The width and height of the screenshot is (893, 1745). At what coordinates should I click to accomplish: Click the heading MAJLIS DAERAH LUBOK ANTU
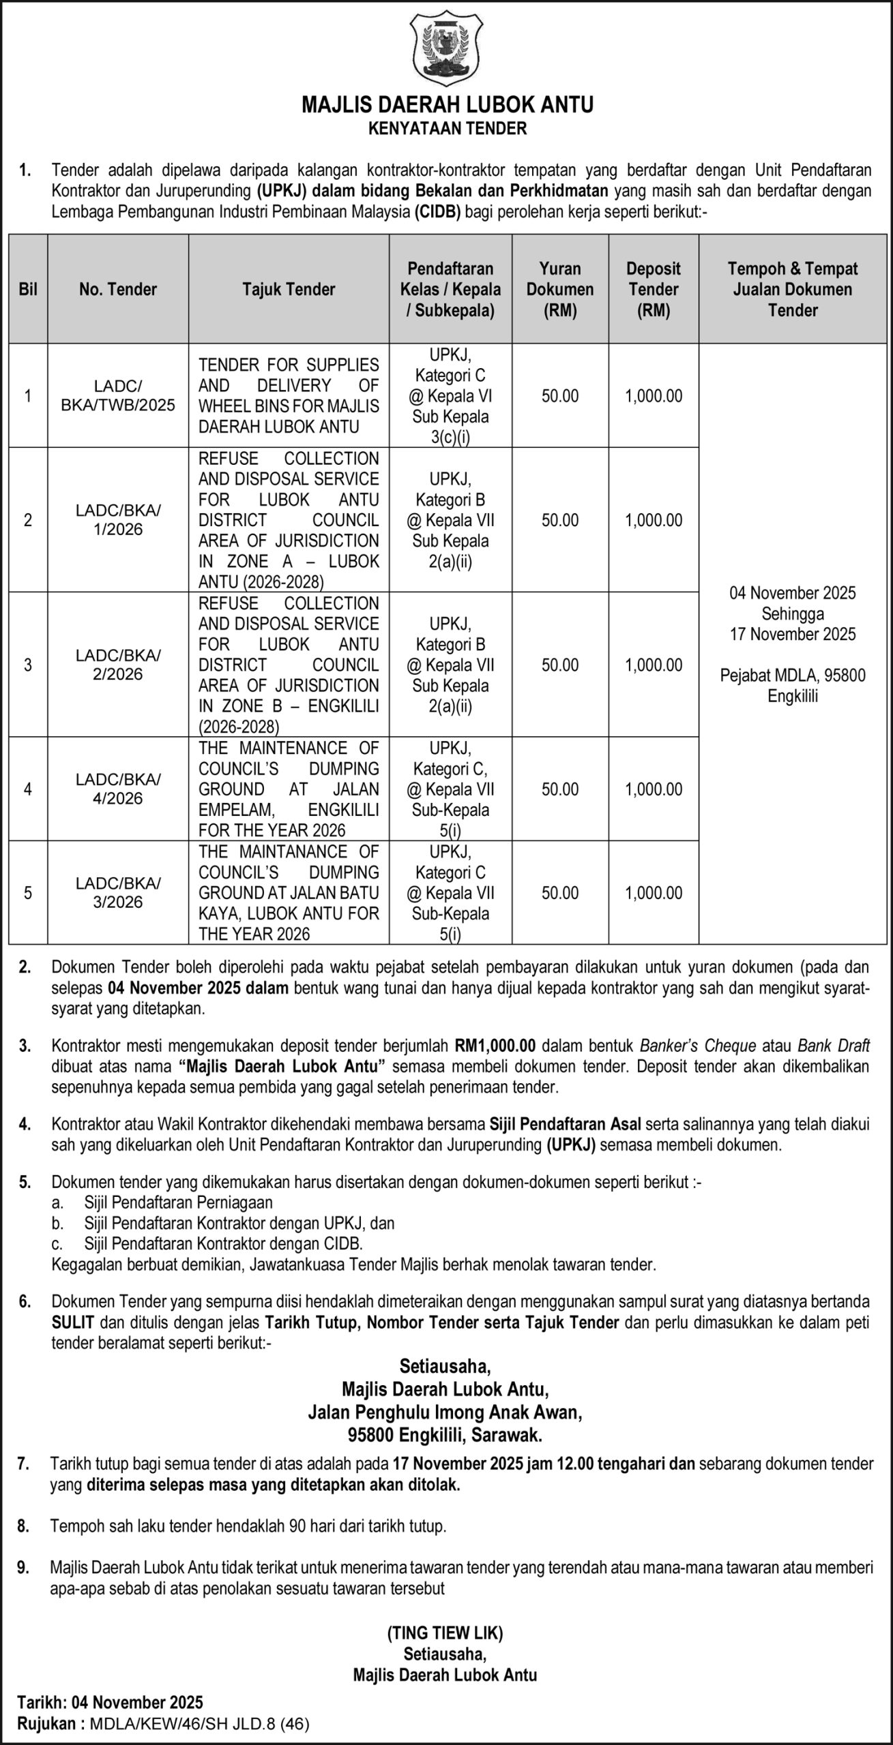(447, 104)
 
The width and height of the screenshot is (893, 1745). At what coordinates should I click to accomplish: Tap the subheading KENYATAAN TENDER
(447, 128)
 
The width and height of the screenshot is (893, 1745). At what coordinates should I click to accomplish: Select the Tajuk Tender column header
(289, 290)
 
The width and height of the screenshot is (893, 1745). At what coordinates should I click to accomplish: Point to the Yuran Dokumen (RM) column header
(559, 290)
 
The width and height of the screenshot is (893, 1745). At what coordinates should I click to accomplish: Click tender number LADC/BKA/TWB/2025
(118, 395)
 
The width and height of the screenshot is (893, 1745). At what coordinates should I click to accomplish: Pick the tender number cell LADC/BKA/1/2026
(118, 519)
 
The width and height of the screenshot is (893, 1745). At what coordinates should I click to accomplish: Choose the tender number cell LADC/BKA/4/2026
(118, 789)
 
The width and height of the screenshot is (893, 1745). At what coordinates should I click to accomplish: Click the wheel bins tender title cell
(289, 395)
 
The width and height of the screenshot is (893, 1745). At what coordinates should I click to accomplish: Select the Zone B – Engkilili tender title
(289, 665)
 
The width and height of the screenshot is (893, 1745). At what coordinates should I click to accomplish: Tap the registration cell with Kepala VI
(450, 395)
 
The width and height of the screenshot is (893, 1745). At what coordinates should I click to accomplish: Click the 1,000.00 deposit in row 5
(653, 893)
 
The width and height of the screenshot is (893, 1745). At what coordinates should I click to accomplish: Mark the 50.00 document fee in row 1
(559, 396)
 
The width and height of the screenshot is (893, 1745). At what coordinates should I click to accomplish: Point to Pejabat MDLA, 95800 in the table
(793, 676)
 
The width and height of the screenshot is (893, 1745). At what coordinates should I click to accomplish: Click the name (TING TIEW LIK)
(445, 1633)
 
